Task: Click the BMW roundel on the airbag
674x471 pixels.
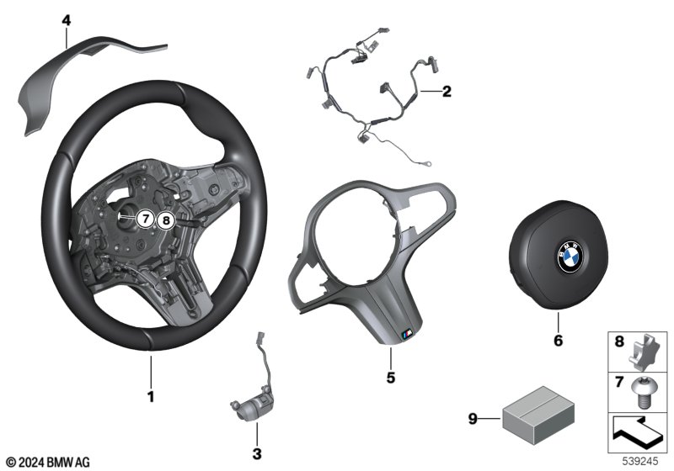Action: (570, 256)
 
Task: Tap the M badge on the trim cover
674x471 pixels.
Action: (407, 333)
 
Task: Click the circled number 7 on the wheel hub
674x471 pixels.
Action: (146, 219)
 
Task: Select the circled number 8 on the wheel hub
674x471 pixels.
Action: (166, 221)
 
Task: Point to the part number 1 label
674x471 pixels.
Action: (151, 396)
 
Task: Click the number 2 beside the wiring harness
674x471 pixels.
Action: (447, 92)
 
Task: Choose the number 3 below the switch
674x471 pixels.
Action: (257, 453)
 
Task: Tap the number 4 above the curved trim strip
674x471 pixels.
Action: (67, 20)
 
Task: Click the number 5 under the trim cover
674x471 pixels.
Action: (390, 378)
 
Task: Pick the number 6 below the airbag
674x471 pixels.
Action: (558, 341)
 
